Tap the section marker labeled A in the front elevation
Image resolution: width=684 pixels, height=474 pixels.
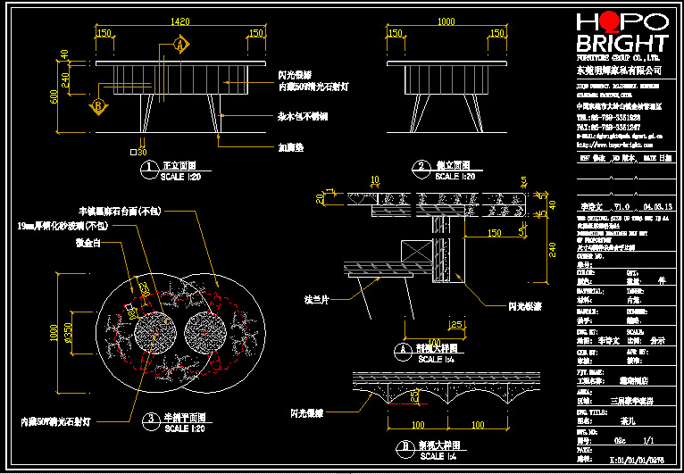point(179,43)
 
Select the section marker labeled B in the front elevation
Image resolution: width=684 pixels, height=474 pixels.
point(96,107)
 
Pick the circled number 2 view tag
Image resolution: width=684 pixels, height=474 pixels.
point(421,167)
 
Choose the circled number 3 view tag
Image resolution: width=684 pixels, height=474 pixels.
point(152,418)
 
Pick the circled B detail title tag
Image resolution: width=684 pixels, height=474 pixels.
point(405,445)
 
